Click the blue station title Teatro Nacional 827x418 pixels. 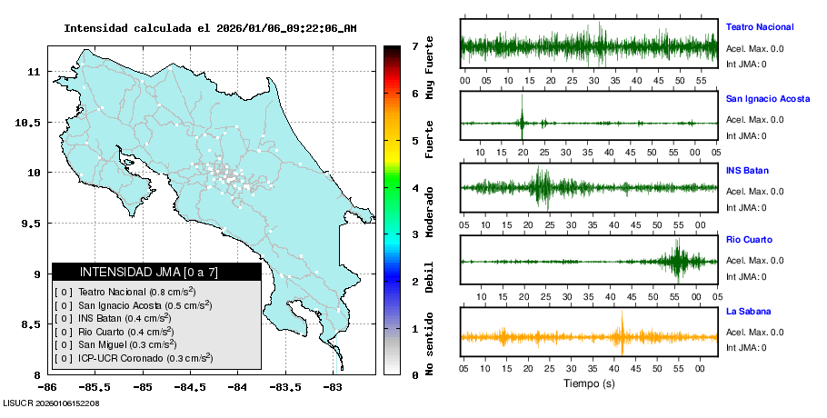(759, 26)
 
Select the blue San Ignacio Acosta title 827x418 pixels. (767, 98)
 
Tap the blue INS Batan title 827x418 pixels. (746, 170)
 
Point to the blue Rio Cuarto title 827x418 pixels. (749, 240)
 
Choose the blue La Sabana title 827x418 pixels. (748, 312)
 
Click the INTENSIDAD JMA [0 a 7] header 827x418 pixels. (155, 272)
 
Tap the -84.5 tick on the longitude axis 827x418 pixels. (187, 387)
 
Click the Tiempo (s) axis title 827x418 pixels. (588, 383)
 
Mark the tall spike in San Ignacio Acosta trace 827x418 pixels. (522, 121)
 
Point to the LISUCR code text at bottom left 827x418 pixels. (52, 403)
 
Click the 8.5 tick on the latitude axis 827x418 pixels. (33, 324)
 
